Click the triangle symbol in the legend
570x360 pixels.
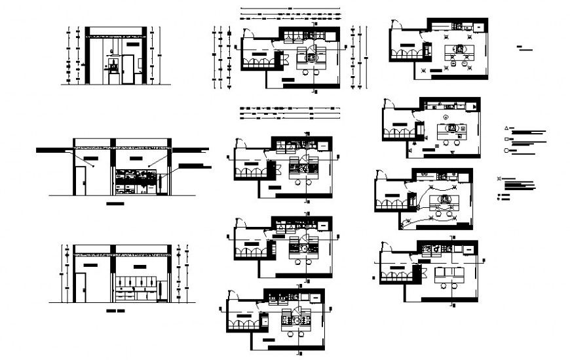506,128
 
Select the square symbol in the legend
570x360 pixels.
506,140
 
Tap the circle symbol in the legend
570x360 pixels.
506,151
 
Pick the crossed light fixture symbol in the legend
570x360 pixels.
501,178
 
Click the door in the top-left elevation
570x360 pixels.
128,70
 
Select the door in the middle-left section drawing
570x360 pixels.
79,180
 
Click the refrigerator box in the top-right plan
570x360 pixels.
427,50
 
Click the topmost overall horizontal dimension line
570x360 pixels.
290,9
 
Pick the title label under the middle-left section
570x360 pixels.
115,204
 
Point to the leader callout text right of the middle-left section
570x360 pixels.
195,167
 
